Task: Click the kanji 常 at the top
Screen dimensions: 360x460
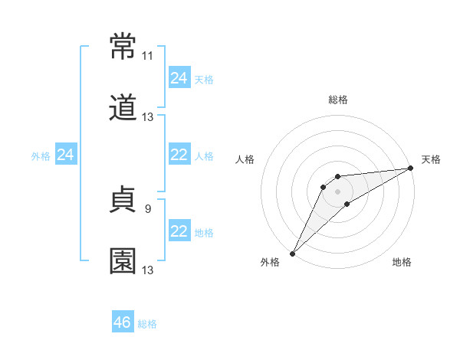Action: tap(123, 47)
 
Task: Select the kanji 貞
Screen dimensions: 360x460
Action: tap(123, 201)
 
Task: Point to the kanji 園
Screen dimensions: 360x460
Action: tap(123, 260)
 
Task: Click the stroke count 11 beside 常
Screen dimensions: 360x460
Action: tap(147, 56)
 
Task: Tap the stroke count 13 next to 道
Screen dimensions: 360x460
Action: tap(148, 117)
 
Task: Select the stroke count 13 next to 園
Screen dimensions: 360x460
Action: tap(148, 270)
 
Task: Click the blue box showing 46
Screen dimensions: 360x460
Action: tap(123, 322)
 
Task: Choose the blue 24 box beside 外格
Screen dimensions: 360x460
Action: tap(66, 155)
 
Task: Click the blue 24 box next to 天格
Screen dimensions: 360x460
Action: tap(179, 78)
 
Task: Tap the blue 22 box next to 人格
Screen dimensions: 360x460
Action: tap(179, 155)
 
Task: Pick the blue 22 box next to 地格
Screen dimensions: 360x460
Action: tap(179, 231)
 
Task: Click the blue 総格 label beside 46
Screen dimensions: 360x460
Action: tap(147, 324)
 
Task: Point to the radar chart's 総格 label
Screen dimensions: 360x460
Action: tap(338, 100)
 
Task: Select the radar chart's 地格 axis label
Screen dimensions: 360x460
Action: tap(402, 262)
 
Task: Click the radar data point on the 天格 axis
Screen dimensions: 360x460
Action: tap(411, 168)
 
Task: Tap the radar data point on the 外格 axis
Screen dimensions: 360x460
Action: tap(292, 254)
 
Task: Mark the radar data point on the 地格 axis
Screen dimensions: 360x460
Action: tap(347, 204)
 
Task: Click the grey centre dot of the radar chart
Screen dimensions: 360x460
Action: tap(338, 191)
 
